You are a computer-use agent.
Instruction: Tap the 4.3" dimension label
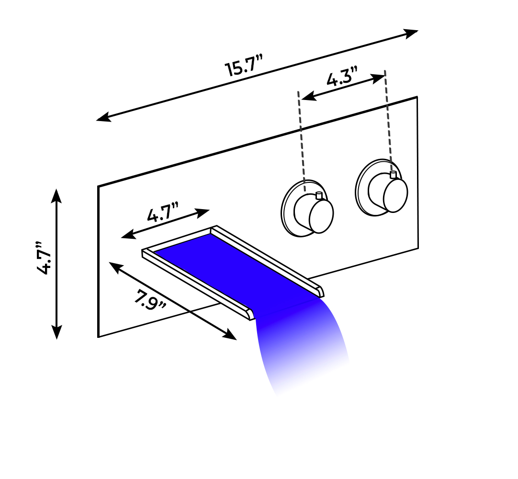342,77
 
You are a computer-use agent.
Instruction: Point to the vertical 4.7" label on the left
44,258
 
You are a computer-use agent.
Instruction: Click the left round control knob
307,208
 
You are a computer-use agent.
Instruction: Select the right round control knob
382,188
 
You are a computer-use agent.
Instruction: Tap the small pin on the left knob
319,195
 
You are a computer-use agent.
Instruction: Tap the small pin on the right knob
393,175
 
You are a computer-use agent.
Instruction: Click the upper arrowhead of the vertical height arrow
57,195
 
